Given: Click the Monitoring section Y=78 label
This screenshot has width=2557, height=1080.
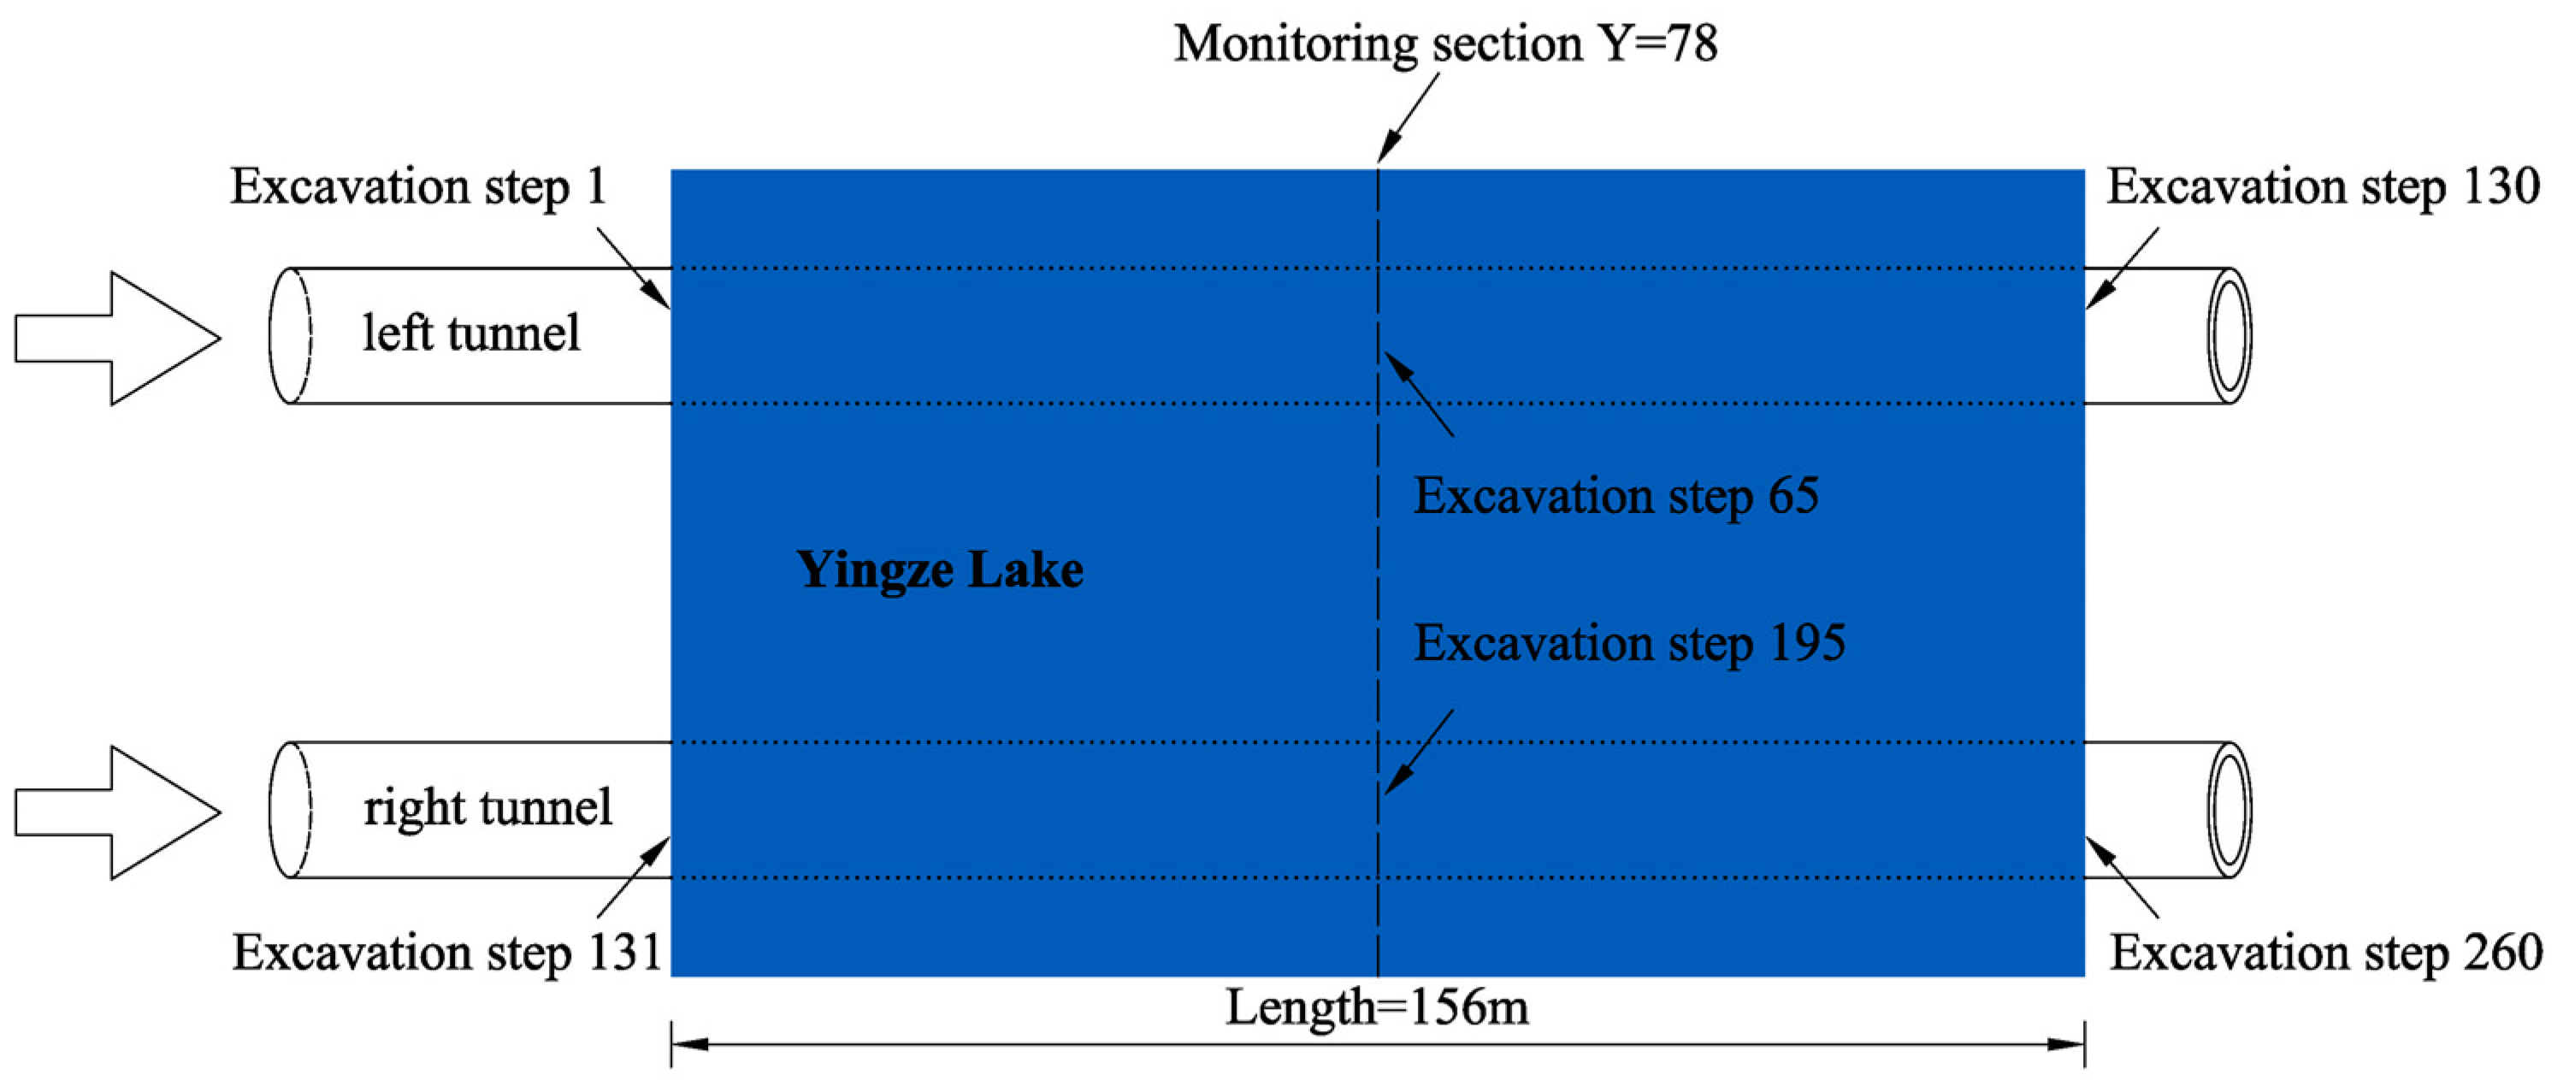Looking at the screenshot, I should click(x=1445, y=44).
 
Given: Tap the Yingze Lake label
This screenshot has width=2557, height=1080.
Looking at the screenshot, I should click(x=939, y=570).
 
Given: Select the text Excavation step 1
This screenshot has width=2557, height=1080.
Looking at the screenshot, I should click(x=418, y=186).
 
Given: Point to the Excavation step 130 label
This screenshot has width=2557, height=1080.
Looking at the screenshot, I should click(x=2323, y=186).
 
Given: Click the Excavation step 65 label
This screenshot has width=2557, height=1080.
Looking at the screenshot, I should click(x=1616, y=495).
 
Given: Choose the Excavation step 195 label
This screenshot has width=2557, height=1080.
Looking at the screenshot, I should click(x=1629, y=642).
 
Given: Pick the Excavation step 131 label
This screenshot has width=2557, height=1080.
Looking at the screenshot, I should click(x=446, y=953).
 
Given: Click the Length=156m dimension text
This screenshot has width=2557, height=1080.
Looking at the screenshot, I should click(x=1377, y=1007).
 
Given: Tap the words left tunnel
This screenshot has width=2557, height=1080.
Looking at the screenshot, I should click(x=470, y=333).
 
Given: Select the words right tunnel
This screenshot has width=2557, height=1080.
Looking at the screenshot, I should click(x=487, y=807).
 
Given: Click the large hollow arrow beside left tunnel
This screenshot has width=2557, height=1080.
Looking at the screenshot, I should click(x=117, y=338).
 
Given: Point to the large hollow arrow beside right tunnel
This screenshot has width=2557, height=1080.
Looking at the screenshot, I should click(x=117, y=812).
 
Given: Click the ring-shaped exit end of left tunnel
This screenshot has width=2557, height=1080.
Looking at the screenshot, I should click(x=2229, y=335).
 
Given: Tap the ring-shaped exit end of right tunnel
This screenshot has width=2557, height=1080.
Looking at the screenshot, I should click(x=2229, y=810).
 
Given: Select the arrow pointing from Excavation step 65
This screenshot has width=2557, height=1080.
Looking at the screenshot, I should click(x=1420, y=394).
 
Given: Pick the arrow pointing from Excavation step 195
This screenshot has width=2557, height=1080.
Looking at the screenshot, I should click(x=1420, y=752).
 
